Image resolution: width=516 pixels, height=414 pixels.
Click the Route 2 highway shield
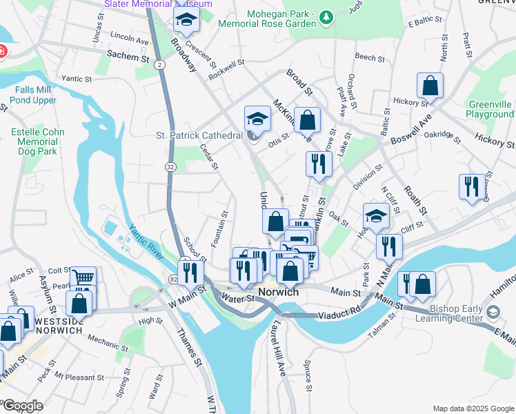tap(159, 64)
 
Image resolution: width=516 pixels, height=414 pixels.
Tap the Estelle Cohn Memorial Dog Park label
tap(38, 141)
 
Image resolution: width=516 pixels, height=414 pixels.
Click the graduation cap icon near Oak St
tap(375, 216)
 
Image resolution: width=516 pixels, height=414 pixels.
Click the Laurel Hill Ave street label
tap(279, 348)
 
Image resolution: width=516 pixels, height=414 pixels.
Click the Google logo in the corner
tap(23, 406)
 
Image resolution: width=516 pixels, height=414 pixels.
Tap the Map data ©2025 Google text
tap(473, 408)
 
